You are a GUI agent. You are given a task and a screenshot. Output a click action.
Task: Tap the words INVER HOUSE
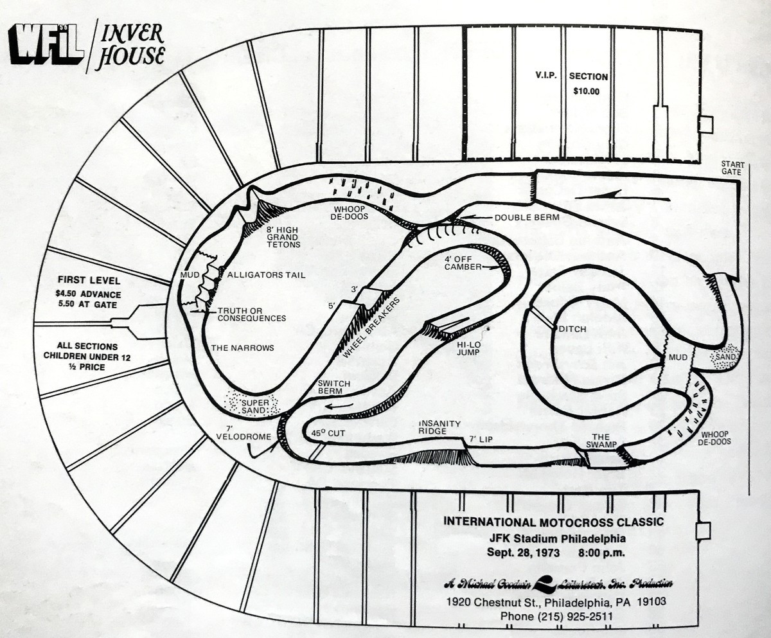130,46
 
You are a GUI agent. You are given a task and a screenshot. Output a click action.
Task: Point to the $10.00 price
585,91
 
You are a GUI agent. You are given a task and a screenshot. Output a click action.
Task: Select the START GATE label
732,168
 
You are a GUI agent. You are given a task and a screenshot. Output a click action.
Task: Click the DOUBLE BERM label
526,217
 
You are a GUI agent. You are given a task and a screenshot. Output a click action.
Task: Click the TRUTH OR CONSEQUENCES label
251,314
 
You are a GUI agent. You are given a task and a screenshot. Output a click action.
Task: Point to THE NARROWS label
243,348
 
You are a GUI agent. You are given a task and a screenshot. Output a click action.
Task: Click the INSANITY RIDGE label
440,427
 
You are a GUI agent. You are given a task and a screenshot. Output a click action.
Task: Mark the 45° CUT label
328,432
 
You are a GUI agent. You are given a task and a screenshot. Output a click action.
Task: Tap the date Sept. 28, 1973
522,552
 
